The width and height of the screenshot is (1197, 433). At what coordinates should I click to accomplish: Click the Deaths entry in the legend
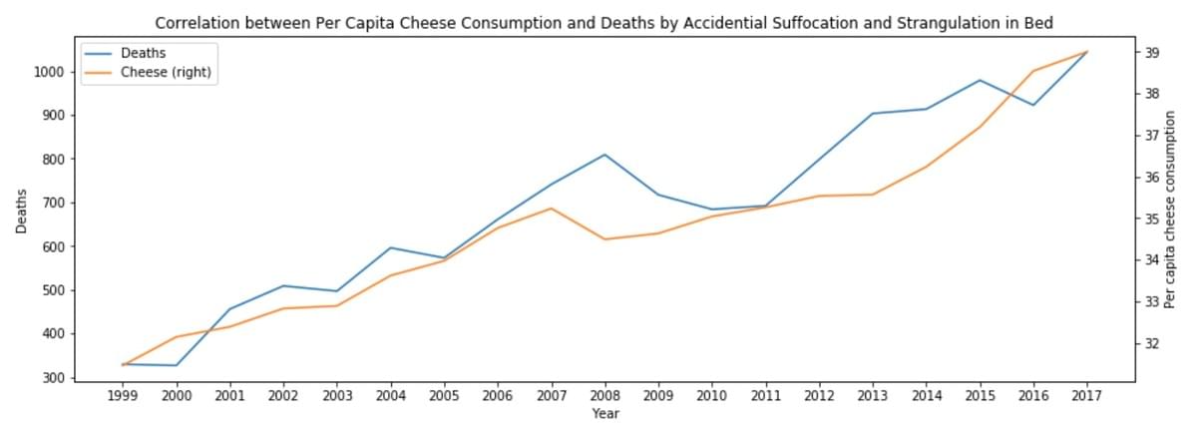142,53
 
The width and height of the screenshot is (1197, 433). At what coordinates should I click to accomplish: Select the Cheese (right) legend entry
166,72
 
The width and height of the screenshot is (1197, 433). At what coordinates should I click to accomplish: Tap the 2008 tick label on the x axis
604,395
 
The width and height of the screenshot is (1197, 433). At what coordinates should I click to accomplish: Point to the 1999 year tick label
123,395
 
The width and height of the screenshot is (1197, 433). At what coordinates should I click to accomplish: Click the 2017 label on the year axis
1086,395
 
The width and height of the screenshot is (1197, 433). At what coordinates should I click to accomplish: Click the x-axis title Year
604,412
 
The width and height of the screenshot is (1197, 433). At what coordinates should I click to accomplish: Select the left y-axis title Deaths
21,211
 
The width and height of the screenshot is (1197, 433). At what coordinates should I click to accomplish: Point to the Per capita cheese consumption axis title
1184,211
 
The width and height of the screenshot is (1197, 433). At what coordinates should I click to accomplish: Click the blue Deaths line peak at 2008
604,155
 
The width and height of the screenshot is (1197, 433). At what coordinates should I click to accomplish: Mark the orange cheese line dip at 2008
604,239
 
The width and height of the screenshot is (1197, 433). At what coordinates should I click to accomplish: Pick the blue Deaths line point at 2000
177,365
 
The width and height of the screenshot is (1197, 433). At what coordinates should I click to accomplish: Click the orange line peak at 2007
552,209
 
